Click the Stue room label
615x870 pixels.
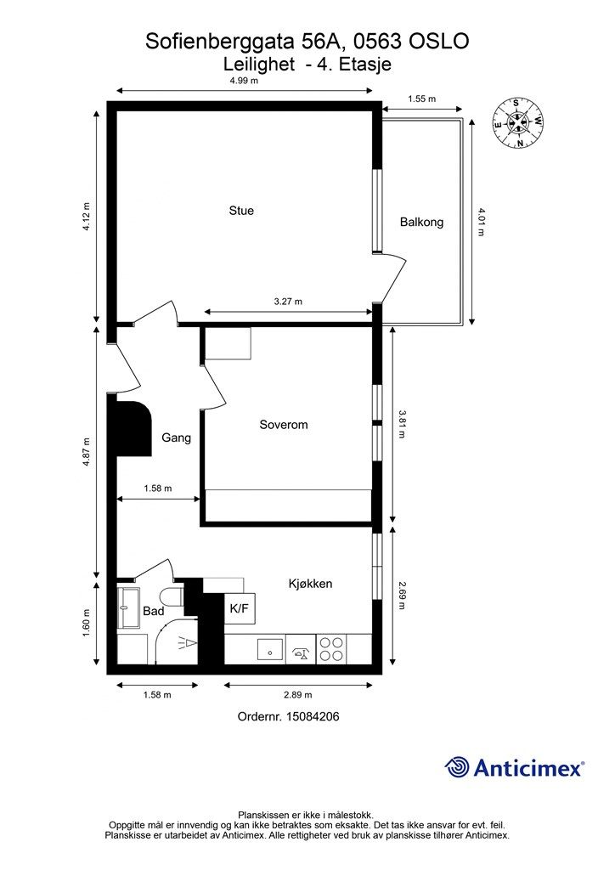pos(241,211)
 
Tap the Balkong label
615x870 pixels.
pos(421,222)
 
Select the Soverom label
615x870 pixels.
pos(284,425)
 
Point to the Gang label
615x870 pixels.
pos(177,438)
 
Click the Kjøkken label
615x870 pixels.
pos(310,584)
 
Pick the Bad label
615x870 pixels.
pos(153,611)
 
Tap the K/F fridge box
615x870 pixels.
pos(239,608)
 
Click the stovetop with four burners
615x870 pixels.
pos(332,649)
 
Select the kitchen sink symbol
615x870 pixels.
pos(270,649)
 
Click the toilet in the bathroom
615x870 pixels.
pos(172,597)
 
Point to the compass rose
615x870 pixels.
pos(517,122)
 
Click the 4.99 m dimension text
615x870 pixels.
pos(244,81)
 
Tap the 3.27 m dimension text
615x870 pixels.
pos(288,302)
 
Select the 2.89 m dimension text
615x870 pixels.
pos(298,695)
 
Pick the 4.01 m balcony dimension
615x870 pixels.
pos(481,222)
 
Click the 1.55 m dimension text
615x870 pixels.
pos(421,99)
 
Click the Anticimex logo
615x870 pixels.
pos(514,767)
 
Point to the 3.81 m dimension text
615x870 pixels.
pos(402,424)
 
